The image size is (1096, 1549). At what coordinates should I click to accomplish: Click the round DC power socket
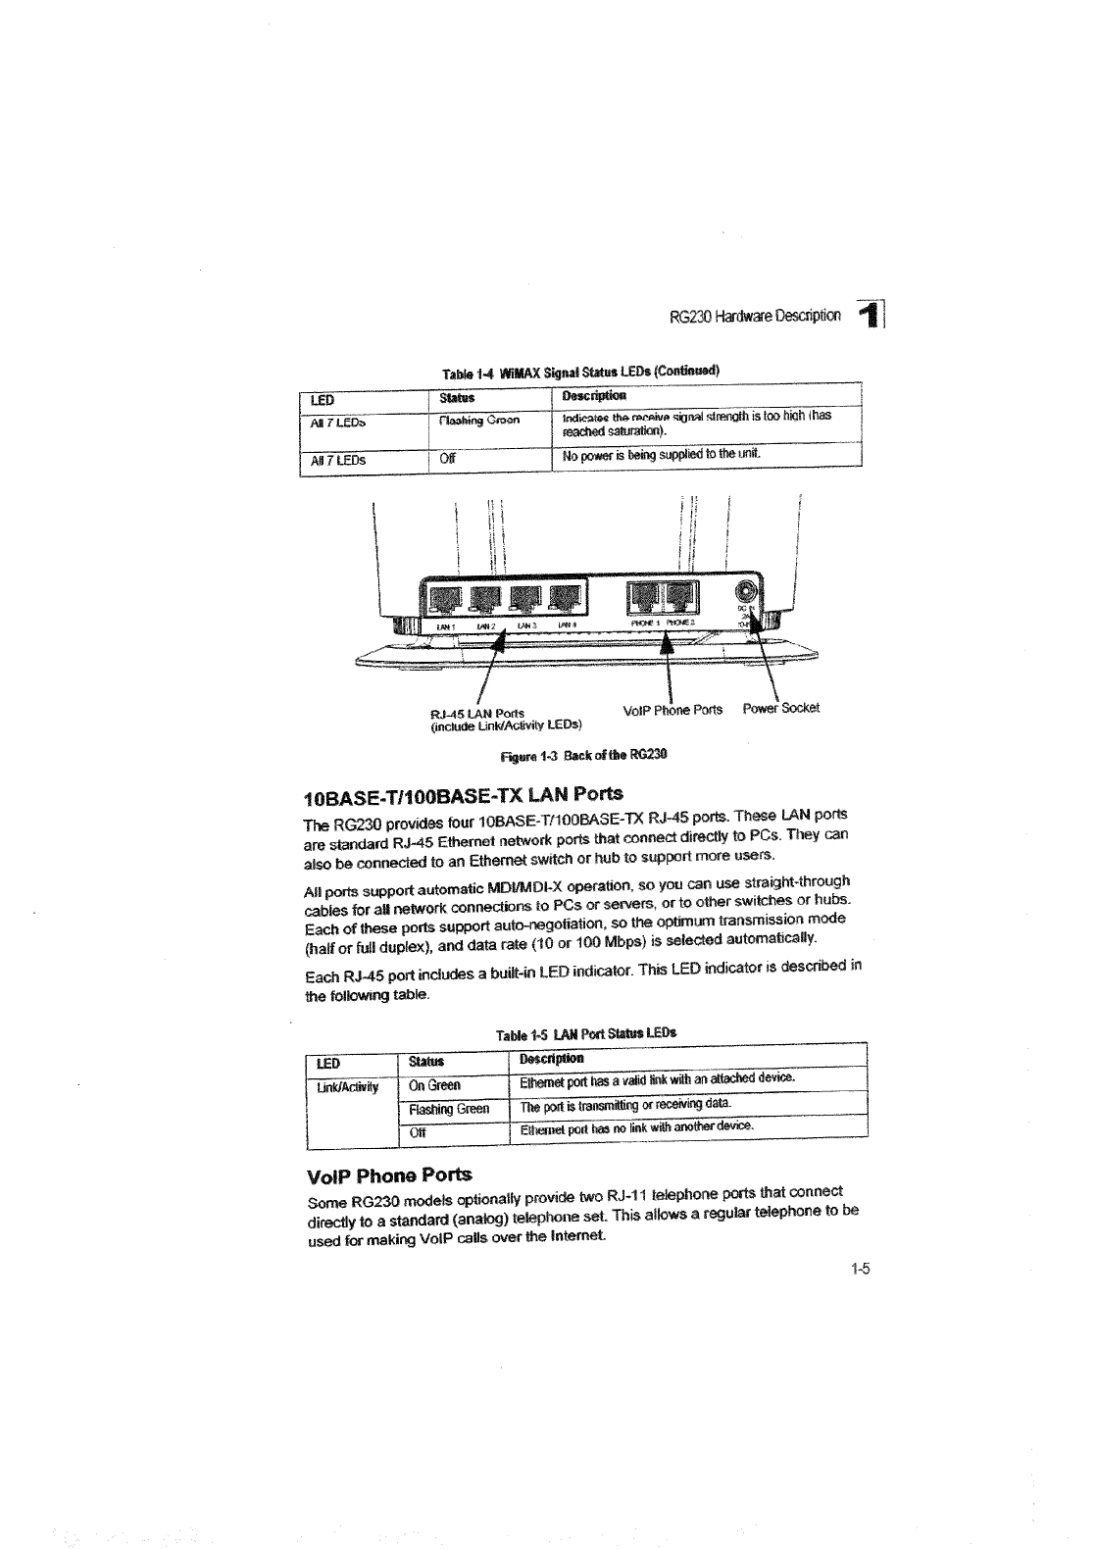pyautogui.click(x=746, y=593)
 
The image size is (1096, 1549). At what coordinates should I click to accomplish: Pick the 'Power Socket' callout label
pyautogui.click(x=780, y=707)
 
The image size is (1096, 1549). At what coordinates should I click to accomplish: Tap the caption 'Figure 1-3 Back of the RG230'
pyautogui.click(x=583, y=755)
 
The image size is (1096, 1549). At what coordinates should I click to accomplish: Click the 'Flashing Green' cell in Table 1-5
pyautogui.click(x=449, y=1109)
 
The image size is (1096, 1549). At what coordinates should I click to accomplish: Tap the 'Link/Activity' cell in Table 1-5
pyautogui.click(x=347, y=1085)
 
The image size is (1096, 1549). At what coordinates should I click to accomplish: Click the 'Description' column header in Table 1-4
pyautogui.click(x=594, y=396)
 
